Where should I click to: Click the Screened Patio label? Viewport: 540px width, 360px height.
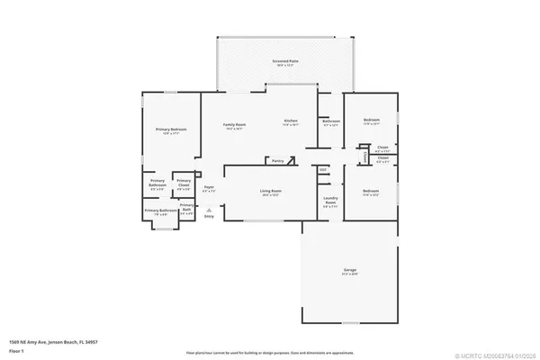pos(285,61)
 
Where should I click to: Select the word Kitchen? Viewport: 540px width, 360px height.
pos(291,121)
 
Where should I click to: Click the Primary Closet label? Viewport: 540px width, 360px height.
pos(183,184)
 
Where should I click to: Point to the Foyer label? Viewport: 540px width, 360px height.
pos(208,188)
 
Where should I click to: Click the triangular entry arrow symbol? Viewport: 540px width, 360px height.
pos(209,209)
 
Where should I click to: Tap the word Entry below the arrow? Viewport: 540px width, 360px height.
pos(209,217)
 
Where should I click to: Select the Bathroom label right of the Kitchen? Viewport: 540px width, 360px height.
pos(331,121)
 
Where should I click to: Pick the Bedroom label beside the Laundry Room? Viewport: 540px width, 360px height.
pos(371,191)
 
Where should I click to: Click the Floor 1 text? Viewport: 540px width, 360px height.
pos(17,350)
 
